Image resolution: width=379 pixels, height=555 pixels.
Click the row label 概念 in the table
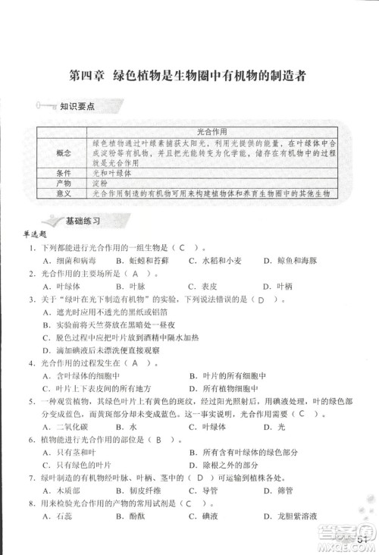click(x=64, y=152)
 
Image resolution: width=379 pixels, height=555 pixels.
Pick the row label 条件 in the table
click(x=64, y=173)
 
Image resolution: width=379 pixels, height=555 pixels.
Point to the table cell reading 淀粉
click(x=100, y=183)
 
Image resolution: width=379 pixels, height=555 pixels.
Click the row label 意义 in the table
click(x=64, y=193)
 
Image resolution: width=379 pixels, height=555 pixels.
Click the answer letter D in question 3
click(x=260, y=299)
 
